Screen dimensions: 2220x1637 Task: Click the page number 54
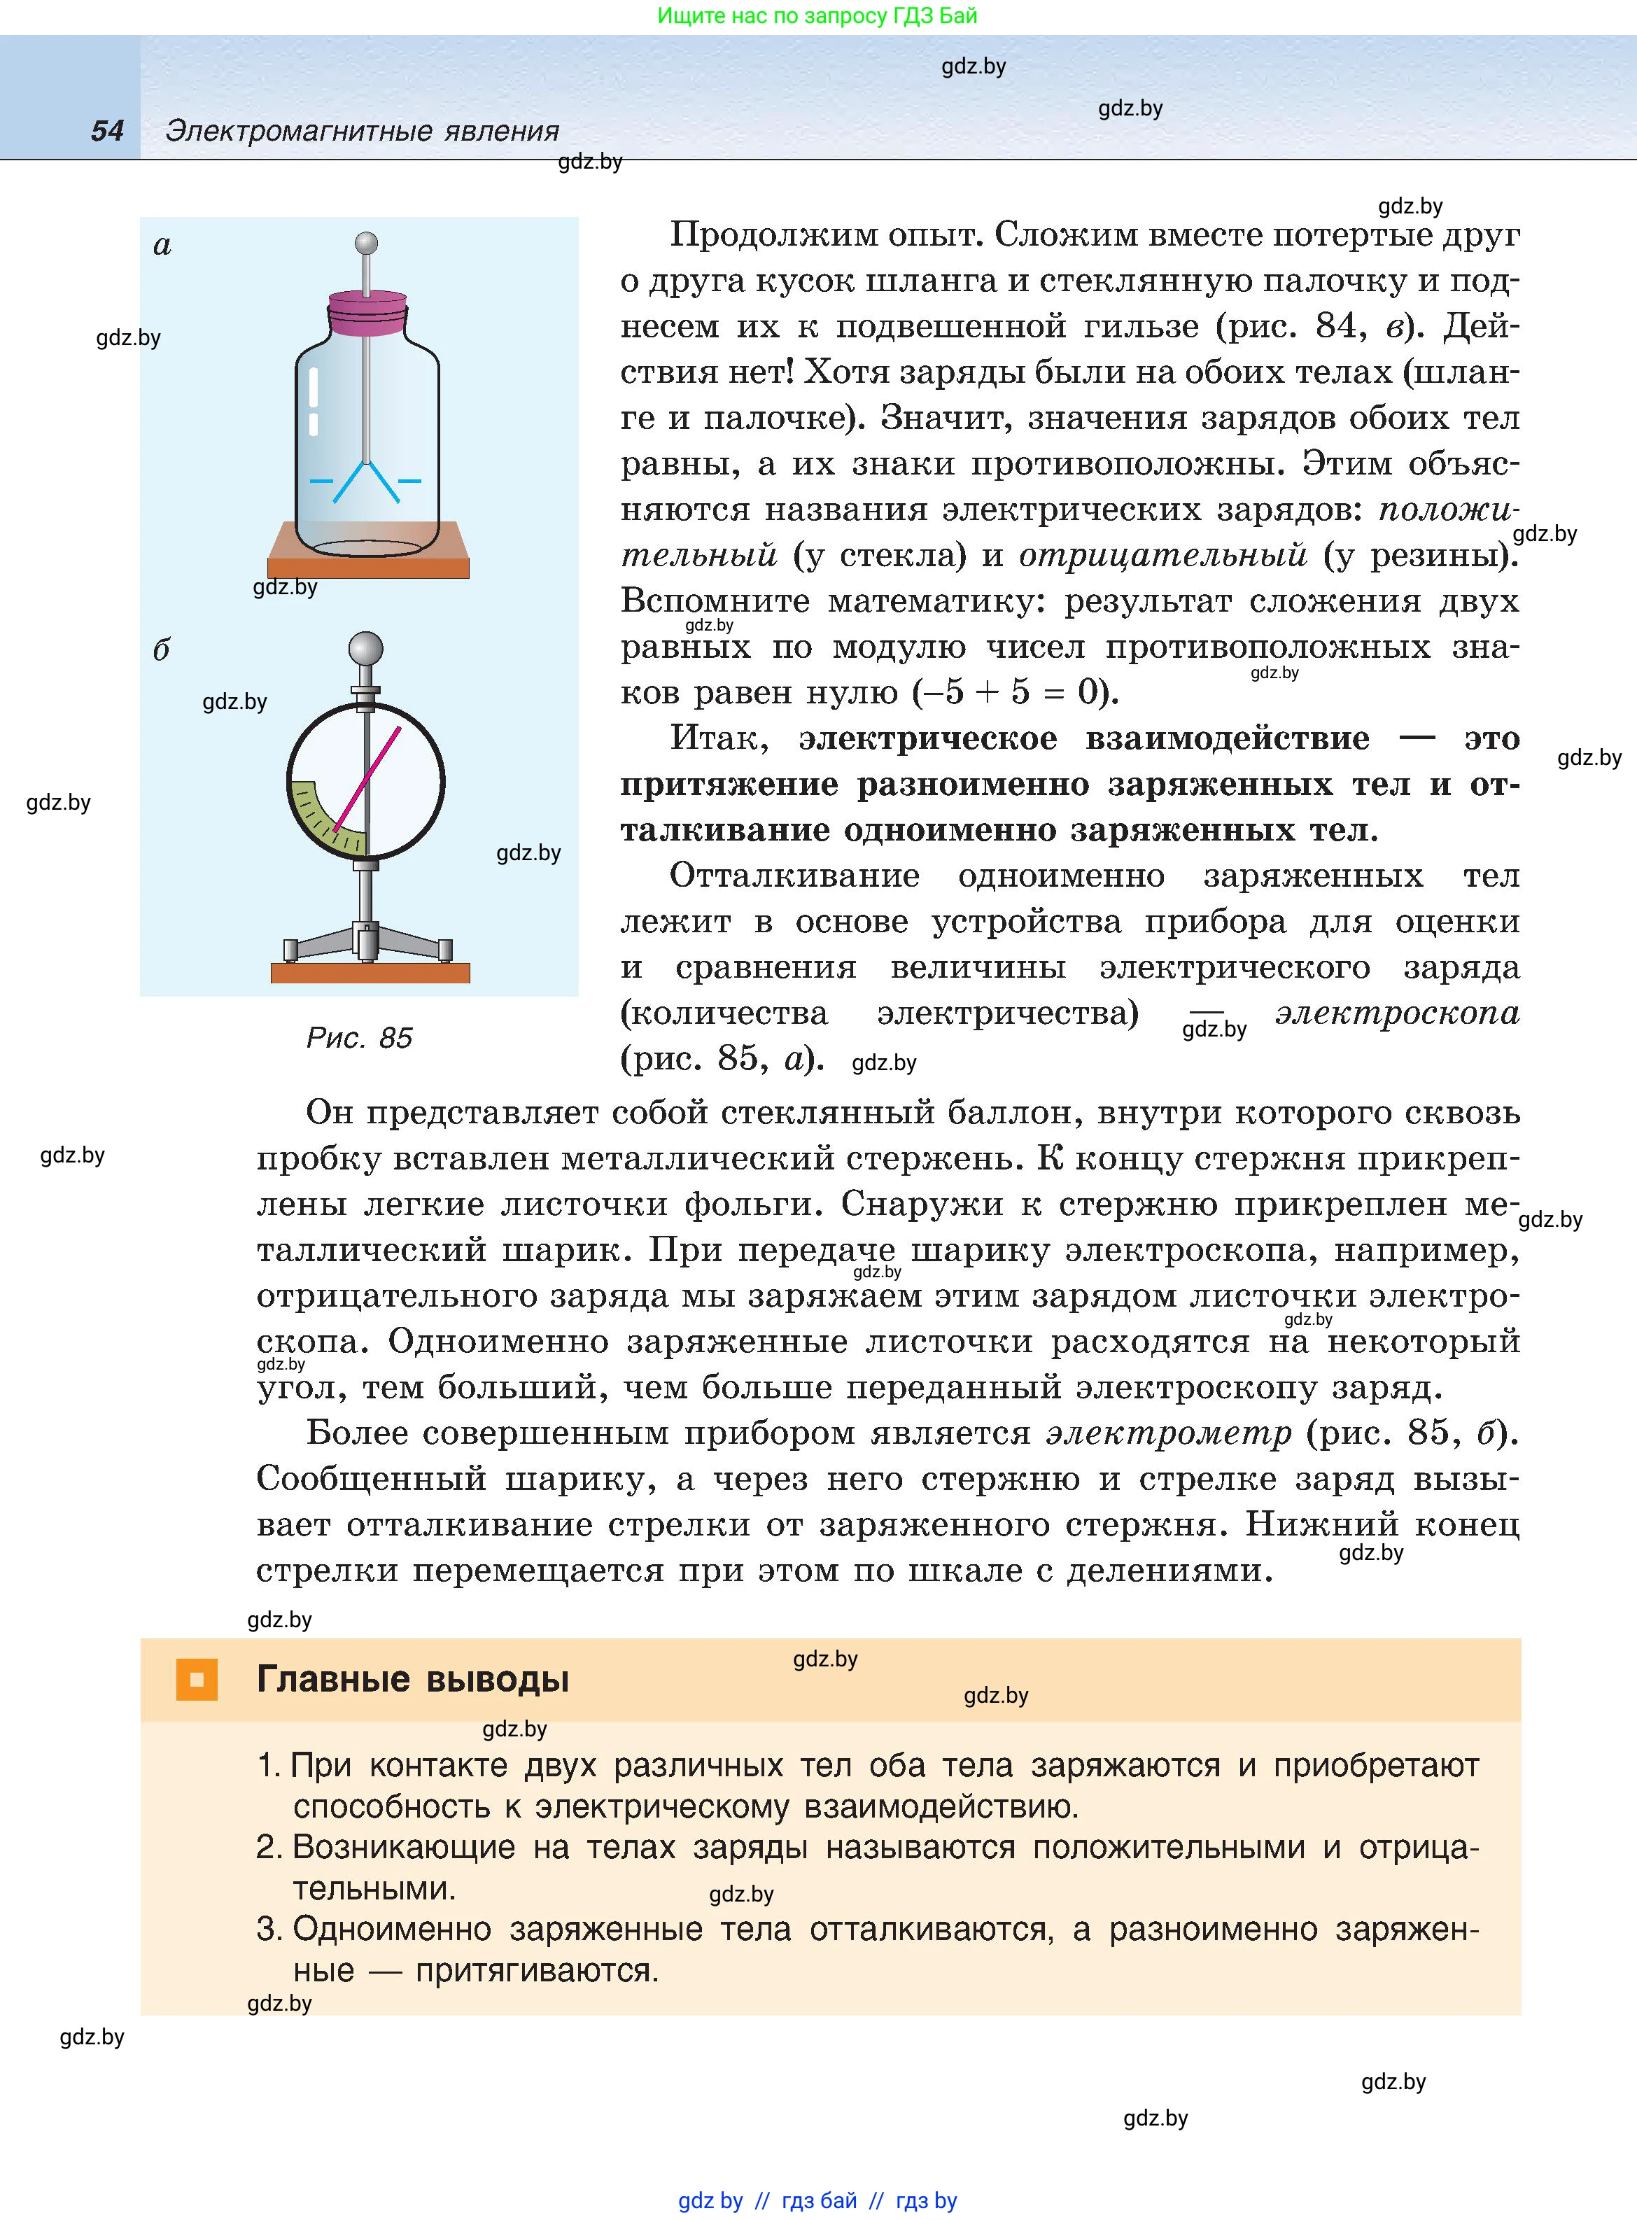[107, 131]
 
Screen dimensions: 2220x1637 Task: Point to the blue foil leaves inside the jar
[367, 479]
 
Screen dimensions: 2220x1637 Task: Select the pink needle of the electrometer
[367, 779]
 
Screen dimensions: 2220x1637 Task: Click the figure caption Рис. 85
[359, 1037]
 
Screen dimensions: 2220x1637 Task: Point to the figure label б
[162, 650]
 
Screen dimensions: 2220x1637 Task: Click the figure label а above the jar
[162, 245]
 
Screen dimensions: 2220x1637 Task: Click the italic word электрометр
[1169, 1433]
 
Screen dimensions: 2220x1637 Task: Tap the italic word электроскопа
[1396, 1013]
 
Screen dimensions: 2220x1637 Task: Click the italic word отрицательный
[1162, 555]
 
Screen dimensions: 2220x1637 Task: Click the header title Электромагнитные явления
[362, 131]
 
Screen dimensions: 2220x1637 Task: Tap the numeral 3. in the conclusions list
[269, 1929]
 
